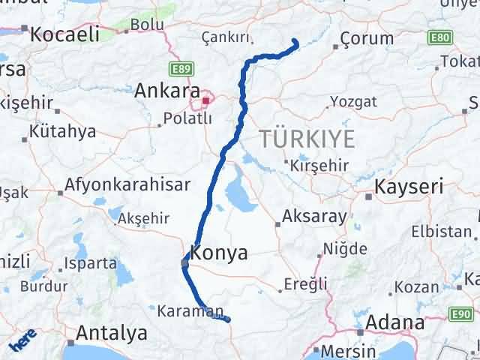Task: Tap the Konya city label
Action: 219,253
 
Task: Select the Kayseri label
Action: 409,186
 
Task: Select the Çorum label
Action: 367,37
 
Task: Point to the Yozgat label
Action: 350,103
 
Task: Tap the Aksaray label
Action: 314,217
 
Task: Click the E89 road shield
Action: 179,70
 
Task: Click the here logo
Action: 22,343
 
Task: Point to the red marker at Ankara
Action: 205,97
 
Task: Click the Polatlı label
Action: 183,118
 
